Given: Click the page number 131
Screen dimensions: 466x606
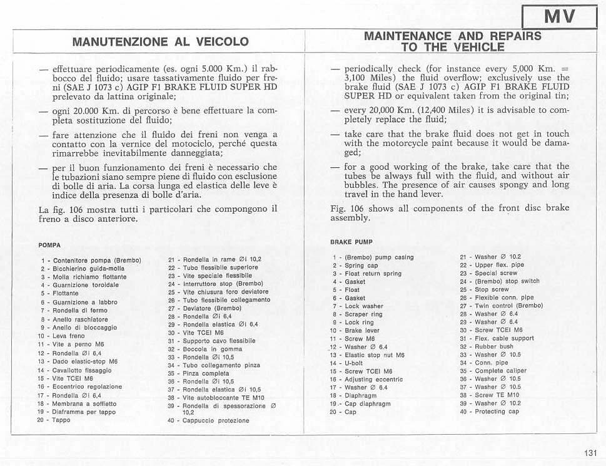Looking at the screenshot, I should (590, 453).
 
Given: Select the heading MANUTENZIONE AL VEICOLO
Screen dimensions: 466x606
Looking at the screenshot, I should (160, 42).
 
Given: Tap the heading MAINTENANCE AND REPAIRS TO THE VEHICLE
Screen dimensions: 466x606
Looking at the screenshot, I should (453, 41).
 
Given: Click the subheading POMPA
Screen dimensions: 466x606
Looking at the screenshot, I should (49, 245).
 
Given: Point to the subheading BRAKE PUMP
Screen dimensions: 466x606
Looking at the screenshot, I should (351, 241).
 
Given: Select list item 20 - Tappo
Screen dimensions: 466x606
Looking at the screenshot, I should (54, 420).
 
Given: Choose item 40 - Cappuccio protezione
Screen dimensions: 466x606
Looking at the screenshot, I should (208, 420).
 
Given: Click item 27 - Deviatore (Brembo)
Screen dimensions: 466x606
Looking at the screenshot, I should (205, 308).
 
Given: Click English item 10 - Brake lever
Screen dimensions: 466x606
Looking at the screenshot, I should (355, 330).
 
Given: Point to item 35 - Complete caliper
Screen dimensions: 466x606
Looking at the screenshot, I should (493, 371).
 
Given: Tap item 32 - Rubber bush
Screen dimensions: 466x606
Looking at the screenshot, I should (486, 346).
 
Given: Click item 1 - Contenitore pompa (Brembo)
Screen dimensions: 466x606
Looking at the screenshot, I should (91, 260).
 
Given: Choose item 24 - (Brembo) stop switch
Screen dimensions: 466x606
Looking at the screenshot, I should (499, 281).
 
